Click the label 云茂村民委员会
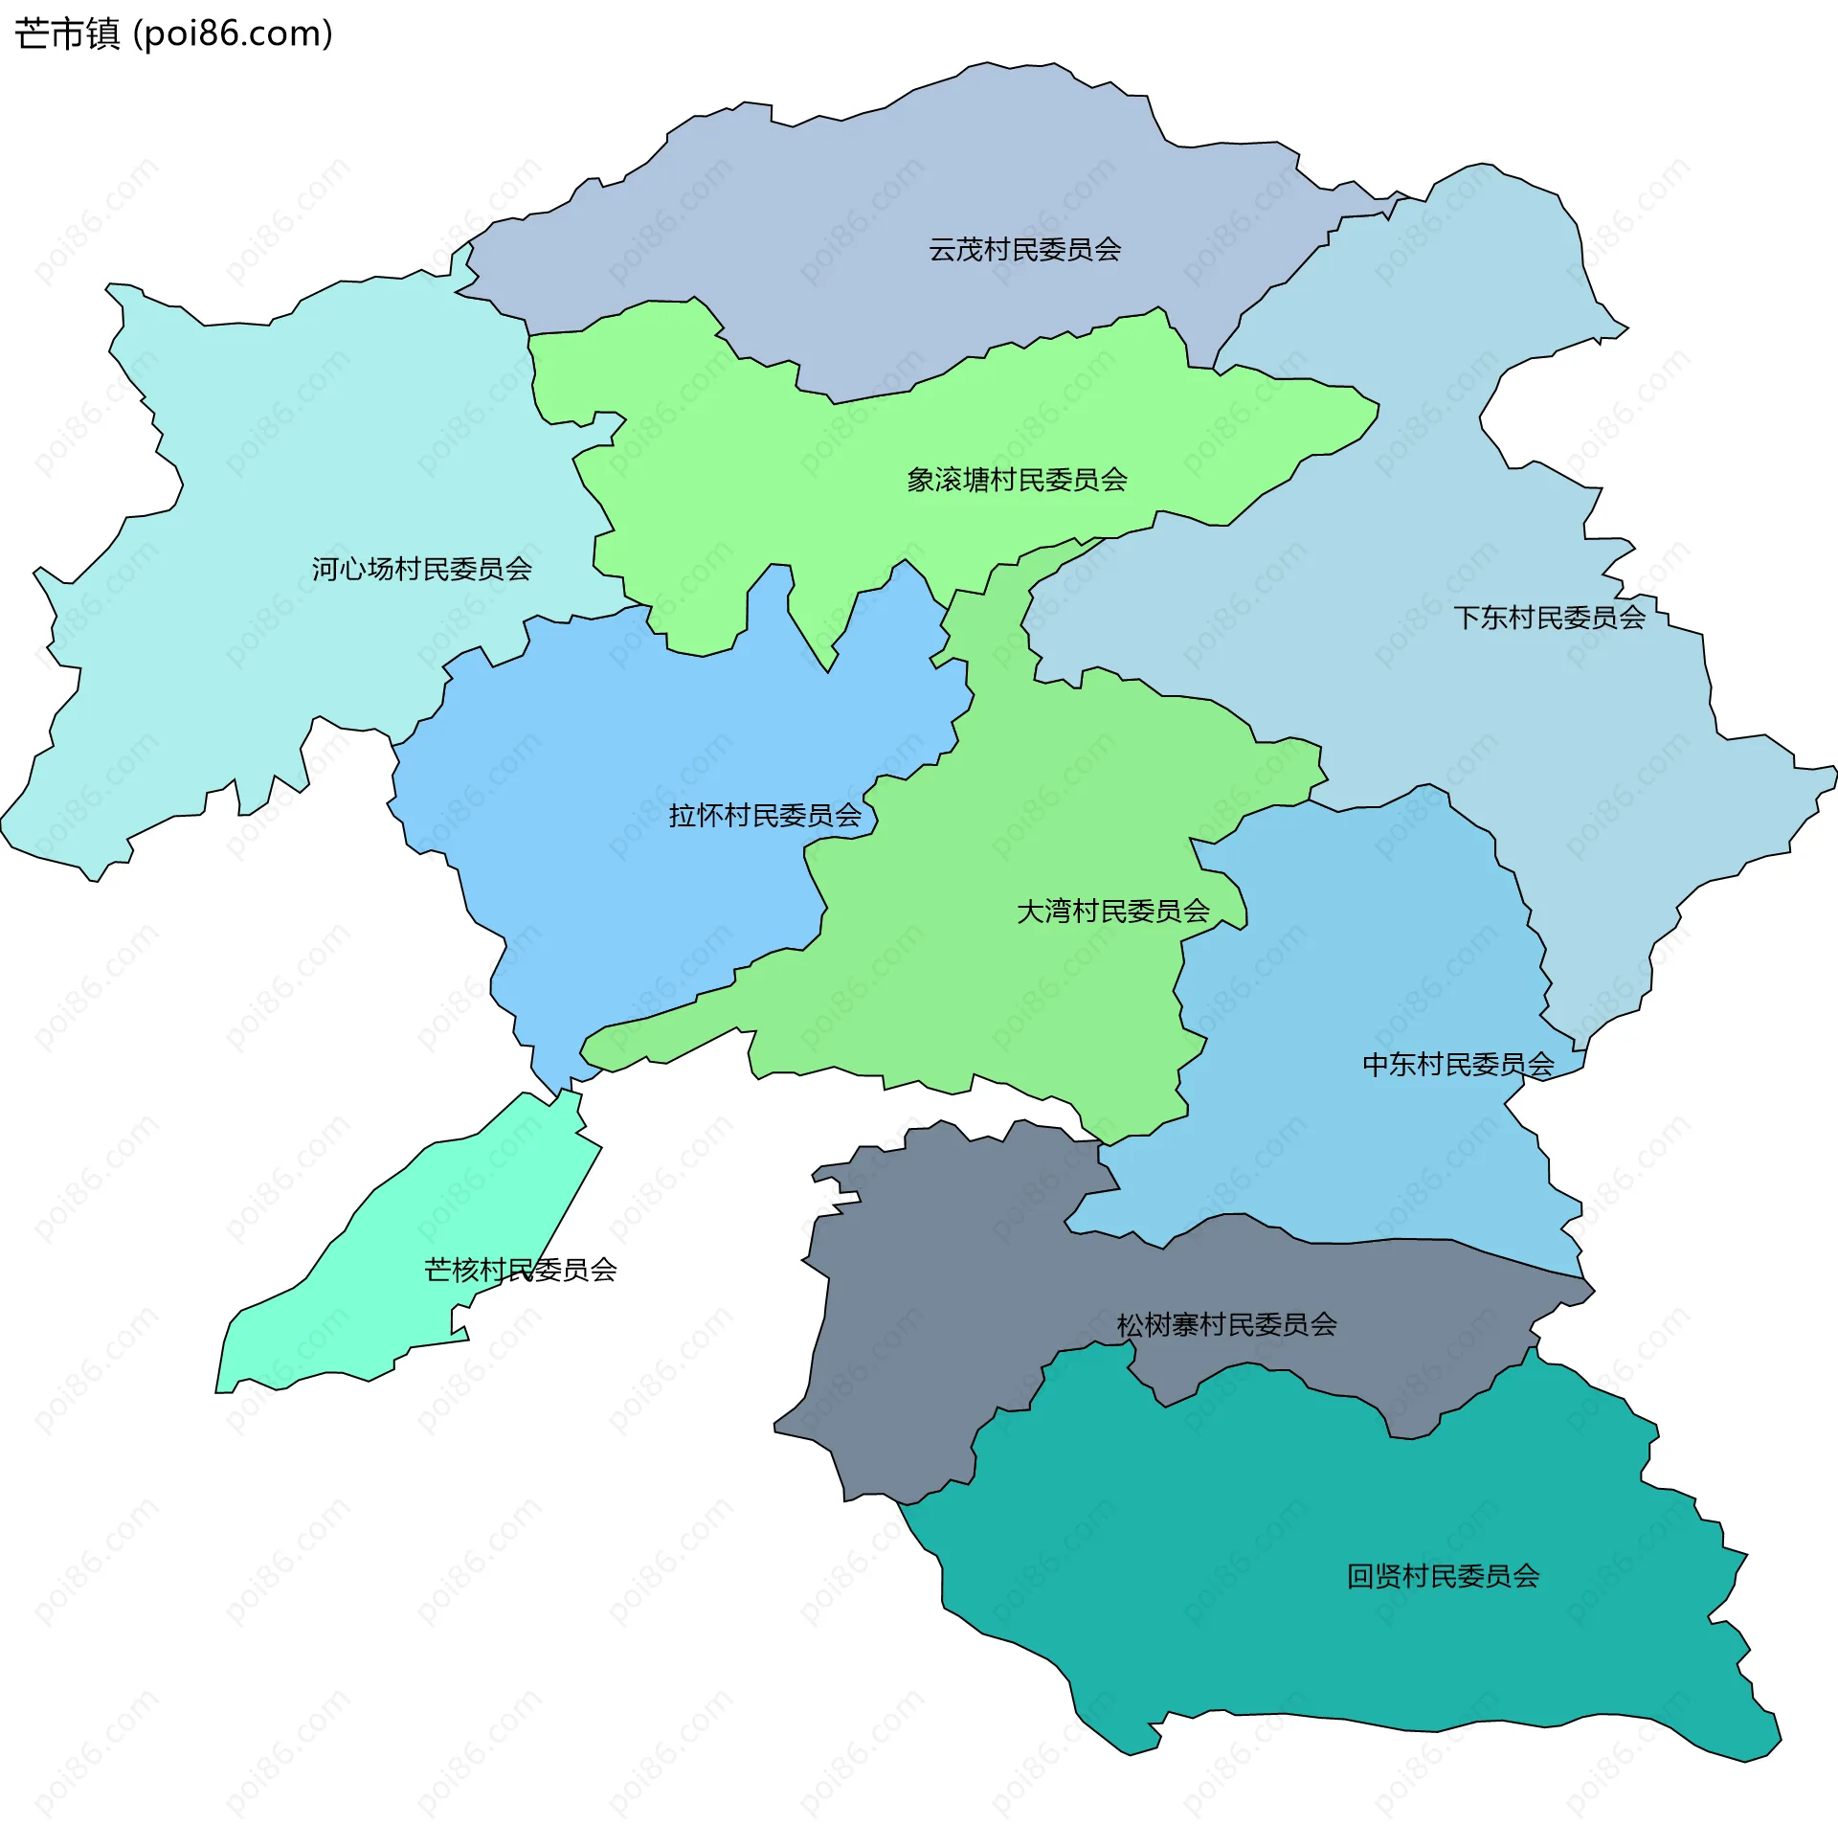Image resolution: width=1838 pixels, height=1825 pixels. click(1024, 250)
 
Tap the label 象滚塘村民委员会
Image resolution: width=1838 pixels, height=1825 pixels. click(1017, 480)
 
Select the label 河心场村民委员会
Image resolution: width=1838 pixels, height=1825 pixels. click(421, 569)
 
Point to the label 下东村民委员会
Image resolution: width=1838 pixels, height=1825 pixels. click(1549, 618)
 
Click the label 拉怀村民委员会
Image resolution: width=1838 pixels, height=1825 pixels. click(765, 816)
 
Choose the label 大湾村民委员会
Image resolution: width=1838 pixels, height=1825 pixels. click(1112, 911)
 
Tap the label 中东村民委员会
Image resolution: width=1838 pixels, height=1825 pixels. click(1458, 1065)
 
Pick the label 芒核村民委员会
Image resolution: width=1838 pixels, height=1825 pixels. click(520, 1270)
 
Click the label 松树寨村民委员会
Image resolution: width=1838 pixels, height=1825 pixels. click(1226, 1325)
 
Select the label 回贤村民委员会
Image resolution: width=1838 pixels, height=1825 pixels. click(1443, 1576)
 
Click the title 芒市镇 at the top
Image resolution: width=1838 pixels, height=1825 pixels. click(67, 34)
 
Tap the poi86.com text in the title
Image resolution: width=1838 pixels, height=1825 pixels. click(233, 34)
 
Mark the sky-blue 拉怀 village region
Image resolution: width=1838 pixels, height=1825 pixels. click(622, 814)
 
